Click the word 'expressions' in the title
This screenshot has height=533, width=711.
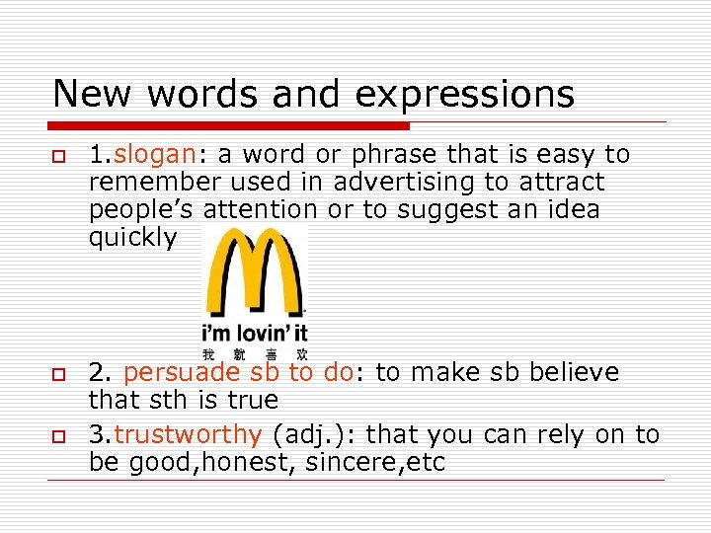coord(464,94)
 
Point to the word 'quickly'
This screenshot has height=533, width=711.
coord(132,238)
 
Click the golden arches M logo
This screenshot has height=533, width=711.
coord(255,271)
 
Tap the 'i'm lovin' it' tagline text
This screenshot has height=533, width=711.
coord(255,333)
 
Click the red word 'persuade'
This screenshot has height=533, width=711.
coord(182,373)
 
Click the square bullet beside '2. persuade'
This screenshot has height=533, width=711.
coord(60,375)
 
